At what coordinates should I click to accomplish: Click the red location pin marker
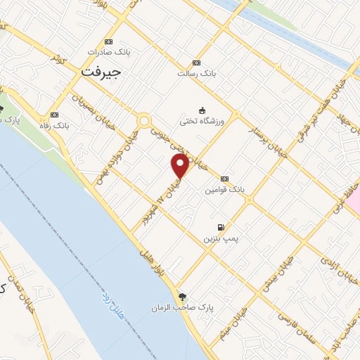tap(180, 165)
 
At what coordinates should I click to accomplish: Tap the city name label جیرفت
tap(101, 71)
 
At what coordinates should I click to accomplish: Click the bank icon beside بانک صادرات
tap(107, 41)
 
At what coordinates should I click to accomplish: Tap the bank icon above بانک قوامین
tap(224, 179)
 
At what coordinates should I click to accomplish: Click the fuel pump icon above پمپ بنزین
tap(221, 228)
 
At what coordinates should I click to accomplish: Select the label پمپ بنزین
tap(221, 239)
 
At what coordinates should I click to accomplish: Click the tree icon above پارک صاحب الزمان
tap(183, 297)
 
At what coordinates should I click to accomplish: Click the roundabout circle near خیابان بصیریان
tap(144, 121)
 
